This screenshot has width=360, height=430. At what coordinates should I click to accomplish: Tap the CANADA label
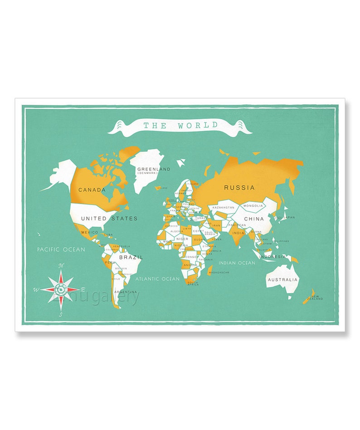(x=92, y=190)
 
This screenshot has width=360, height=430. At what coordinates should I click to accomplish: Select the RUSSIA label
(x=239, y=187)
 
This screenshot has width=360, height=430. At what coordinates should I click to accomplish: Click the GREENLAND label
(x=154, y=169)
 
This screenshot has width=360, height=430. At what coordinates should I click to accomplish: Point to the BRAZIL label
(x=131, y=257)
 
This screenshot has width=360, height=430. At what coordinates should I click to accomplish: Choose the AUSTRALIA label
(x=283, y=280)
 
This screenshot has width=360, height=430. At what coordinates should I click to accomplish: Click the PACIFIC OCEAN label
(x=61, y=249)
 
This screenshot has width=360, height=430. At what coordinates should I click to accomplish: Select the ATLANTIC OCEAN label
(x=157, y=279)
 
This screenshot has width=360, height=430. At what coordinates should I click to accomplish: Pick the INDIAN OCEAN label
(x=237, y=263)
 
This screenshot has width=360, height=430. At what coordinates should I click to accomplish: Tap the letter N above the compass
(x=63, y=266)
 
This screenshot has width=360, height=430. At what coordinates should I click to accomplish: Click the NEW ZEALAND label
(x=315, y=298)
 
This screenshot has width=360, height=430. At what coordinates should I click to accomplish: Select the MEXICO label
(x=89, y=232)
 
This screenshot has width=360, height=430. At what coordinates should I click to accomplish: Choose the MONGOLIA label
(x=253, y=205)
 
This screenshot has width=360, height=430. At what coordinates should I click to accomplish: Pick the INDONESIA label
(x=272, y=257)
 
